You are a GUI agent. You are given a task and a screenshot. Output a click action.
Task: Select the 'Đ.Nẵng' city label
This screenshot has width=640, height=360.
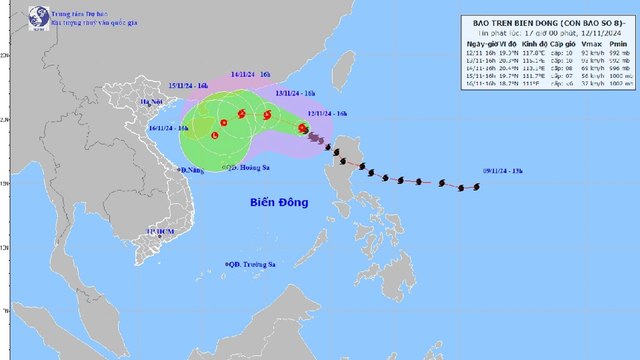[190, 170]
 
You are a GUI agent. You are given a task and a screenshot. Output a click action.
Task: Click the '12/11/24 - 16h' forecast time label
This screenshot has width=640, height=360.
[327, 114]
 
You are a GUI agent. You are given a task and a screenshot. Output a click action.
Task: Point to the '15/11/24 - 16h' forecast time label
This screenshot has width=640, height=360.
[187, 87]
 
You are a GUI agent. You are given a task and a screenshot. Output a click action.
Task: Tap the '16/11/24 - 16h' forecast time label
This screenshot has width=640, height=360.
[169, 127]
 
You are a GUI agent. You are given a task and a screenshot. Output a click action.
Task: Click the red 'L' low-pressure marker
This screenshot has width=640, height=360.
[215, 134]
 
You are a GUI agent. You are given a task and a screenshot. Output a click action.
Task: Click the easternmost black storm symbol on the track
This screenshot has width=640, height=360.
[462, 187]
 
